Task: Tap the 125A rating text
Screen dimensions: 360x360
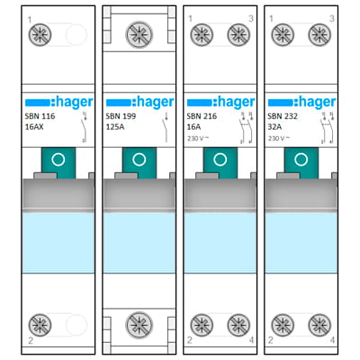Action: (115, 129)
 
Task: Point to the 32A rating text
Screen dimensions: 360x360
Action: (276, 129)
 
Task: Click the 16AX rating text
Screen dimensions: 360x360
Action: (37, 129)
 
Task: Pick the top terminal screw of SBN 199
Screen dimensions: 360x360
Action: (139, 33)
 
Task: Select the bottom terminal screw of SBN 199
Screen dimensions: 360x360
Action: (139, 325)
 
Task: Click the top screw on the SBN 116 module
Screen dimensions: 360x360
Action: (40, 35)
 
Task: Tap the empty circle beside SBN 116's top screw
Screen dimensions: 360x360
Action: (75, 35)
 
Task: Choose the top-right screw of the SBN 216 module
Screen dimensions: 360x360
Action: (238, 35)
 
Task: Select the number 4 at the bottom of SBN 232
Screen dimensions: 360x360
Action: (332, 341)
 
